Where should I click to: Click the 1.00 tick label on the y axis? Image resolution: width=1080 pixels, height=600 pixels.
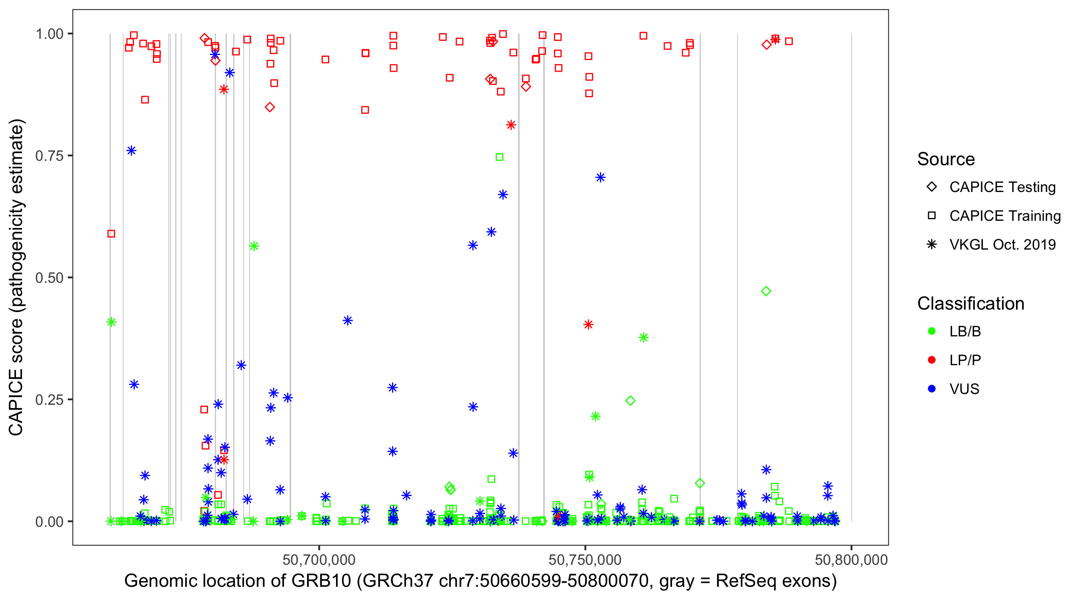click(x=49, y=34)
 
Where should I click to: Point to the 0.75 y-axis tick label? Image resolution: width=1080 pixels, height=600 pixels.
click(x=49, y=156)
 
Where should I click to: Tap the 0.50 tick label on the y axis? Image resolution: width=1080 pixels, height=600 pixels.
click(x=49, y=278)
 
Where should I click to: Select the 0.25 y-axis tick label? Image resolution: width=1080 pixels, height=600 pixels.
click(x=49, y=400)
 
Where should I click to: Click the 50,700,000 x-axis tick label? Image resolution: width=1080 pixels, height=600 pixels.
click(x=319, y=560)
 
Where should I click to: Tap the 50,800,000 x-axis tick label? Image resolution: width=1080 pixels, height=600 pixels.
click(x=851, y=560)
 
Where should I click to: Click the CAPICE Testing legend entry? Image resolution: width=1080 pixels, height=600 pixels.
click(x=1002, y=187)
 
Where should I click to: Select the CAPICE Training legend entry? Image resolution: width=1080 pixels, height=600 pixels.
click(x=1004, y=216)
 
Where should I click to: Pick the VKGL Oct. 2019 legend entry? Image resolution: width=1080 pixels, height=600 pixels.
click(x=1002, y=245)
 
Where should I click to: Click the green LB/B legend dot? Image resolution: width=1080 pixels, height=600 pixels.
click(x=932, y=332)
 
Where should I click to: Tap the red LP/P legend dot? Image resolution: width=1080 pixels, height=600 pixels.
click(x=932, y=360)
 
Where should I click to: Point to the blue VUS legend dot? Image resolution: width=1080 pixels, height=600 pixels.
click(x=932, y=389)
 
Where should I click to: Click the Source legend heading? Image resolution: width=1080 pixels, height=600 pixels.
click(x=946, y=159)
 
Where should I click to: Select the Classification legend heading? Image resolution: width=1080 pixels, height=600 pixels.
click(x=970, y=304)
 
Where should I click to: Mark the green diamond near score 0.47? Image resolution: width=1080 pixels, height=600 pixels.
click(x=766, y=291)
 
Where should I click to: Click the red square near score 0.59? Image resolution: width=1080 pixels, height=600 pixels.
click(x=111, y=234)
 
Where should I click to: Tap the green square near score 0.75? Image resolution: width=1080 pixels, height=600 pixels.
click(x=499, y=157)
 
